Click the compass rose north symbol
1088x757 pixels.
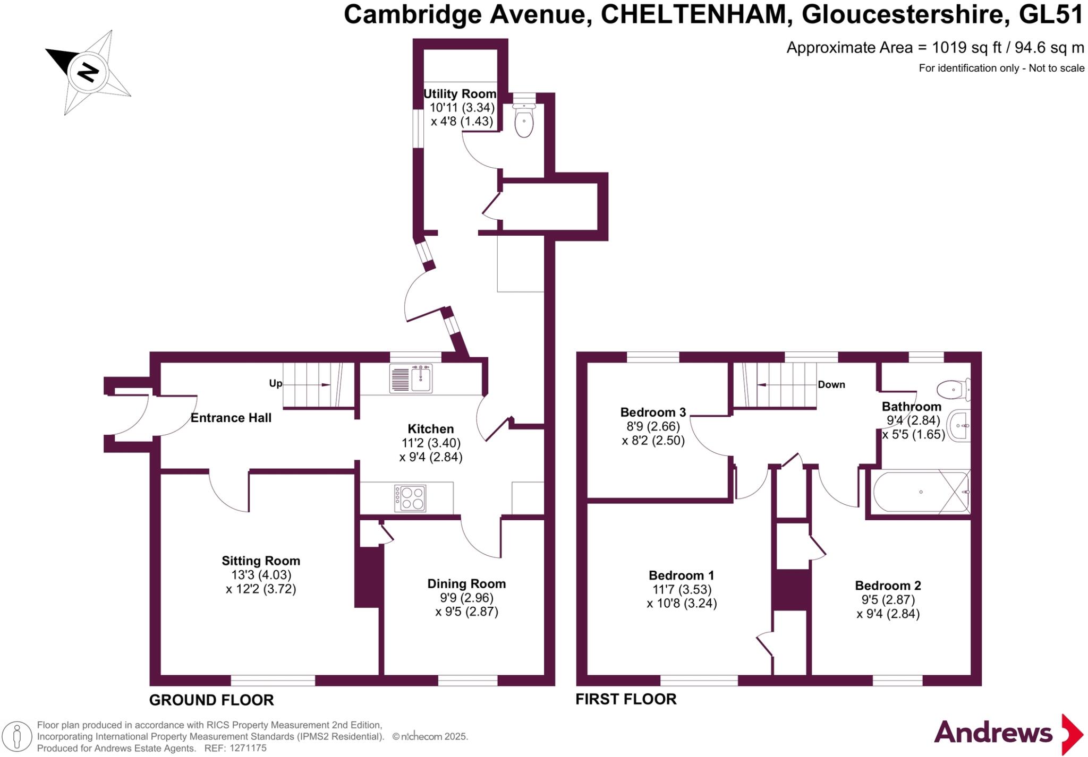point(88,71)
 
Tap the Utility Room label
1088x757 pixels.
point(460,94)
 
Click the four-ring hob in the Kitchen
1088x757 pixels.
point(410,498)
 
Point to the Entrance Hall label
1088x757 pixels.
point(231,418)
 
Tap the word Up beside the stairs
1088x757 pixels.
point(276,383)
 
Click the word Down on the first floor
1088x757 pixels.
point(831,384)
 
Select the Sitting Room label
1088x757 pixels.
point(261,561)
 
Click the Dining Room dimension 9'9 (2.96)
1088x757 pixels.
point(466,598)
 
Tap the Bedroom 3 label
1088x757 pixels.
point(653,412)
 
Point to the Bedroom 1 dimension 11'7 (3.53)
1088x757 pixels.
point(682,589)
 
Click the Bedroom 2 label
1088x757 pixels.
point(888,586)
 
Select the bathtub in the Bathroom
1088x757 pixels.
point(921,492)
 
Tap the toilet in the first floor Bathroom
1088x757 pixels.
point(954,390)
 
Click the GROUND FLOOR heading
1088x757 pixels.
point(211,700)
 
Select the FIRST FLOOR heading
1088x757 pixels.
point(626,699)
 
